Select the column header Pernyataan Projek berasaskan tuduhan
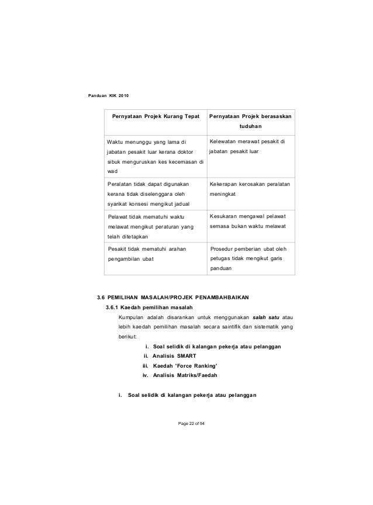pos(252,121)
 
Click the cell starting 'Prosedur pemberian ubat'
pos(251,259)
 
